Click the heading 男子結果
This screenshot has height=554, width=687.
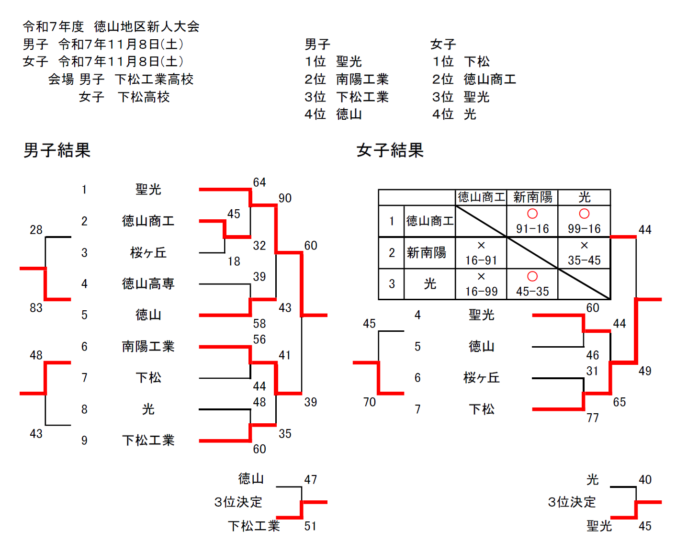pyautogui.click(x=57, y=150)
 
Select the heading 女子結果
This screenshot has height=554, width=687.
pyautogui.click(x=390, y=150)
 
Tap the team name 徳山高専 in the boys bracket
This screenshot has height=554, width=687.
pyautogui.click(x=148, y=284)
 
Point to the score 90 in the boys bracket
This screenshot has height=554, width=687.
pyautogui.click(x=285, y=198)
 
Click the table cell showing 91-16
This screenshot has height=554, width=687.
pyautogui.click(x=532, y=229)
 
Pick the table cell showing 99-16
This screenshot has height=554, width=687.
pyautogui.click(x=584, y=229)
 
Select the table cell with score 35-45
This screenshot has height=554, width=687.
pyautogui.click(x=584, y=260)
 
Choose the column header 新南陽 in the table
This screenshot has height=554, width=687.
pyautogui.click(x=532, y=197)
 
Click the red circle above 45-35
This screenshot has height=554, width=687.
pyautogui.click(x=532, y=276)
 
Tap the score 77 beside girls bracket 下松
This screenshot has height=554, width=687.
pyautogui.click(x=593, y=418)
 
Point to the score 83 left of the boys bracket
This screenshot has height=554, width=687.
pyautogui.click(x=36, y=308)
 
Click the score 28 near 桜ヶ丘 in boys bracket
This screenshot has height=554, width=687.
pyautogui.click(x=36, y=230)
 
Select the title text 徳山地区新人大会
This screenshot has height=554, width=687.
pyautogui.click(x=146, y=26)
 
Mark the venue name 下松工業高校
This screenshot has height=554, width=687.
pyautogui.click(x=154, y=79)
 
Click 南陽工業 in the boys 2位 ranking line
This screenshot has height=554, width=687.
pyautogui.click(x=362, y=79)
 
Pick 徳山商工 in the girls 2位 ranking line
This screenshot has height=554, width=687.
pyautogui.click(x=490, y=79)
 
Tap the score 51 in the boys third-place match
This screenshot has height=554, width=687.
pyautogui.click(x=310, y=526)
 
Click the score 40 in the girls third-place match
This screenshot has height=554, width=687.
pyautogui.click(x=645, y=480)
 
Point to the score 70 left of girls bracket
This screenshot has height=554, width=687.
pyautogui.click(x=369, y=402)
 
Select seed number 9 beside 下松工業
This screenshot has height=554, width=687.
pyautogui.click(x=84, y=441)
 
